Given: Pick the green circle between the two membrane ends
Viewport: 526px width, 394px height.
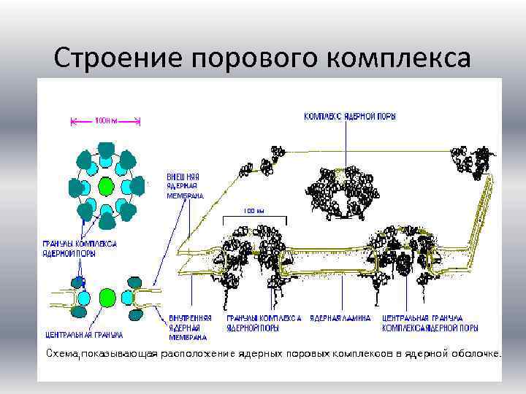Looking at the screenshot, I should tap(108, 296).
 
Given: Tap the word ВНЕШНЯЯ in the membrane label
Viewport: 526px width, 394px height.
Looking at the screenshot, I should tap(183, 177).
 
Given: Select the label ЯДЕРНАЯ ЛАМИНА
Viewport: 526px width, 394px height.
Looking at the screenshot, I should tap(340, 318).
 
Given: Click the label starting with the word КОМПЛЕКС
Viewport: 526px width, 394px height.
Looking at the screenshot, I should tap(350, 117).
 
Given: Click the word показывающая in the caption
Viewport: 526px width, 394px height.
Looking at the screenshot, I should tap(117, 353).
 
